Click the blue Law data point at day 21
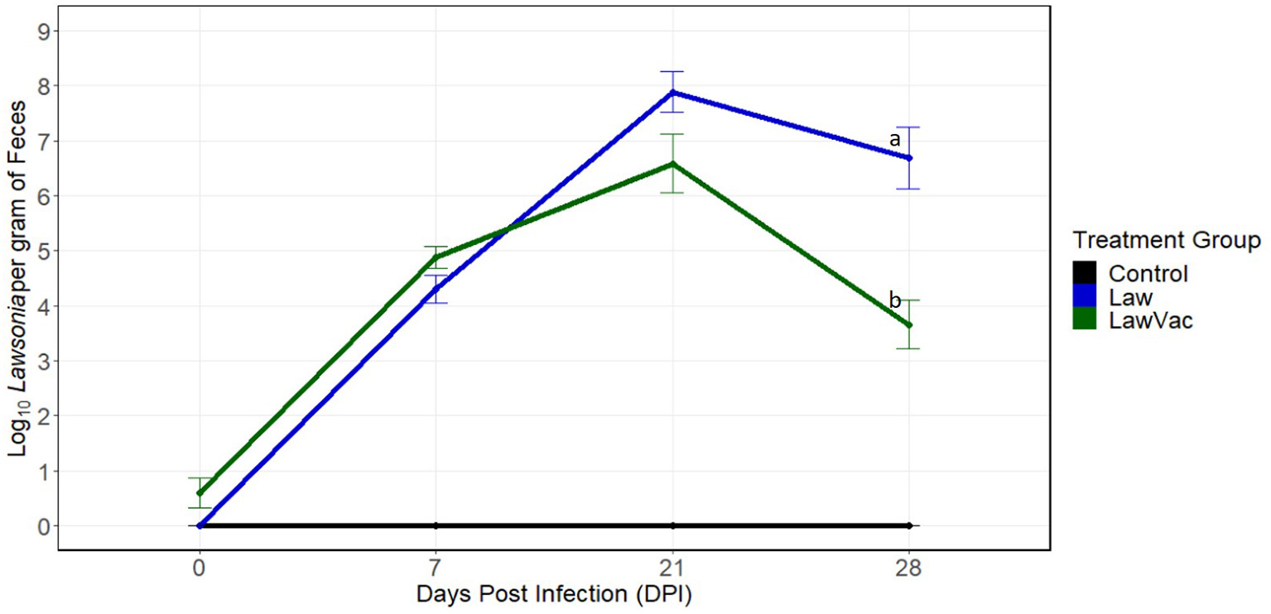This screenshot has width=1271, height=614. pos(672,92)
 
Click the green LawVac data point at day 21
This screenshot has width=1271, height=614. pos(672,164)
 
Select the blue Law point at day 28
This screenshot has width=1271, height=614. pos(909,157)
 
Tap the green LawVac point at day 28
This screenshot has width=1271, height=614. pos(909,325)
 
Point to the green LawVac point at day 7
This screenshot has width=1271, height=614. pos(436,257)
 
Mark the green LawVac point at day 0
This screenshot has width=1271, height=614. pos(199,493)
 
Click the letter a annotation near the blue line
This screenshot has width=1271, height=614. pos(894,140)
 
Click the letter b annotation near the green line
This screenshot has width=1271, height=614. pos(894,299)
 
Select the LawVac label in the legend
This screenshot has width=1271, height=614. pos(1151,321)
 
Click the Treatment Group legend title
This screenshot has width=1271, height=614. pos(1166,241)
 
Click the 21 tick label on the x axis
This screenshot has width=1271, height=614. pos(672,569)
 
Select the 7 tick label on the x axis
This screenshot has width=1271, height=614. pos(436,569)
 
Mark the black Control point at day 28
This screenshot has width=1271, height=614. pos(909,525)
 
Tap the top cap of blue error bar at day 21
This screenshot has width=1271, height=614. pos(672,72)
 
